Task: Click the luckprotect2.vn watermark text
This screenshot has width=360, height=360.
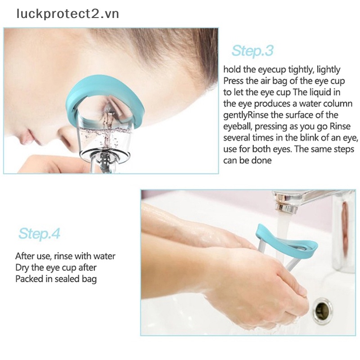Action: (68, 14)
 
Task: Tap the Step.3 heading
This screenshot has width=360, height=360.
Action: (252, 50)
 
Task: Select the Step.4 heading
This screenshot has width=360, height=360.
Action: (39, 234)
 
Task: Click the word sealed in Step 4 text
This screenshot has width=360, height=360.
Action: (67, 279)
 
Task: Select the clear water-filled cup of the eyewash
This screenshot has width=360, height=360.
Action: (104, 135)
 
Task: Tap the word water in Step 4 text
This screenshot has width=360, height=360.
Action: (104, 256)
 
